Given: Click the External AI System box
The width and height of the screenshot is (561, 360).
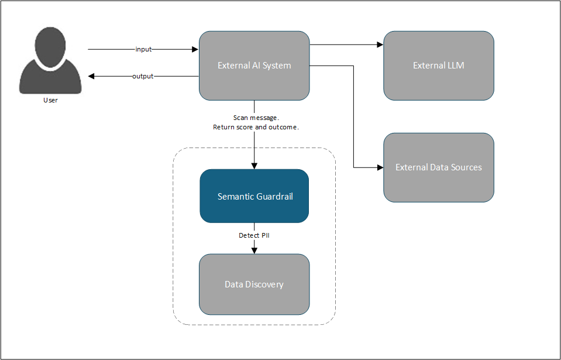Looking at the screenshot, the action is pos(254,66).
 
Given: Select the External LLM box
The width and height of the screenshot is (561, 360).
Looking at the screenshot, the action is pos(439,66).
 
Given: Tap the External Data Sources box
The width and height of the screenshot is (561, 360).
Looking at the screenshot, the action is pos(439,167).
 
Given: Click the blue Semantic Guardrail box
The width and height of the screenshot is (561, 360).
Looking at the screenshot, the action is pos(254,196).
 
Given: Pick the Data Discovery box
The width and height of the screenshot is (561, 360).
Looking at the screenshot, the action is pos(254,284).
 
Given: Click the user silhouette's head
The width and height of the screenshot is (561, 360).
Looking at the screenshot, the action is pos(50,47).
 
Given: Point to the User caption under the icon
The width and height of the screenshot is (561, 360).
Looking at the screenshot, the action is pos(50,100).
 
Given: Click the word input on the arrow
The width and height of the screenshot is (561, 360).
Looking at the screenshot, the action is pos(143,49).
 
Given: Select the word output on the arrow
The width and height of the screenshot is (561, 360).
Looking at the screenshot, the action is pos(143,76).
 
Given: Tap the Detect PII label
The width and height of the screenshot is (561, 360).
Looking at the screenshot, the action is pos(254,235).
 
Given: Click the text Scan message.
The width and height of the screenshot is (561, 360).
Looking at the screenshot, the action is pos(256,118).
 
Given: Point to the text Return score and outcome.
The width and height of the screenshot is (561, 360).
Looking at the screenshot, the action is pos(256,127).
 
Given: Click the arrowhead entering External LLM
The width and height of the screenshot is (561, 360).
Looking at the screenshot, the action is pos(380,44).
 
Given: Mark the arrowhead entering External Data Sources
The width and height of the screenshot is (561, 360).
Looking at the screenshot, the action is pos(380,167).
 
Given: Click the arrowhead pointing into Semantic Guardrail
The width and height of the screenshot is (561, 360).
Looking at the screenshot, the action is pos(254,166).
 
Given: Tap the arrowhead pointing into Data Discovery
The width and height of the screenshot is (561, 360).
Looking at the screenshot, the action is pos(254,251).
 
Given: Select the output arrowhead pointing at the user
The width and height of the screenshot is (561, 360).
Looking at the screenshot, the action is pos(91,76).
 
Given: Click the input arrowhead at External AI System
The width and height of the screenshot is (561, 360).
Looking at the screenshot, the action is pos(195,49).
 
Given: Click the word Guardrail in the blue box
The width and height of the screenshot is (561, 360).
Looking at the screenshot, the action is pos(276,197).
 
